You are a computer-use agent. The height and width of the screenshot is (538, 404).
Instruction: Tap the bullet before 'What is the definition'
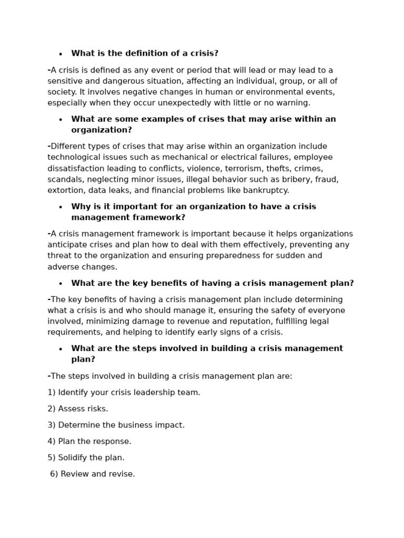60,54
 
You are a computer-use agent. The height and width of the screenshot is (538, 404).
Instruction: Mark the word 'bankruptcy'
266,191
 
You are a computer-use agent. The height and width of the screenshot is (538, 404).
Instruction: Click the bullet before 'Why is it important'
60,207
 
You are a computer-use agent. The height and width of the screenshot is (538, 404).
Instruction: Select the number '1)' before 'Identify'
52,392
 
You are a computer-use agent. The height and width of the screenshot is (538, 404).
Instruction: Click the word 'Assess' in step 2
71,409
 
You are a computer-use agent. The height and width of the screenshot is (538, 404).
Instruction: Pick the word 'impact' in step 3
171,425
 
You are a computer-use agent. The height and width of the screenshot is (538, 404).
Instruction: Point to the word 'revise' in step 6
122,474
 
